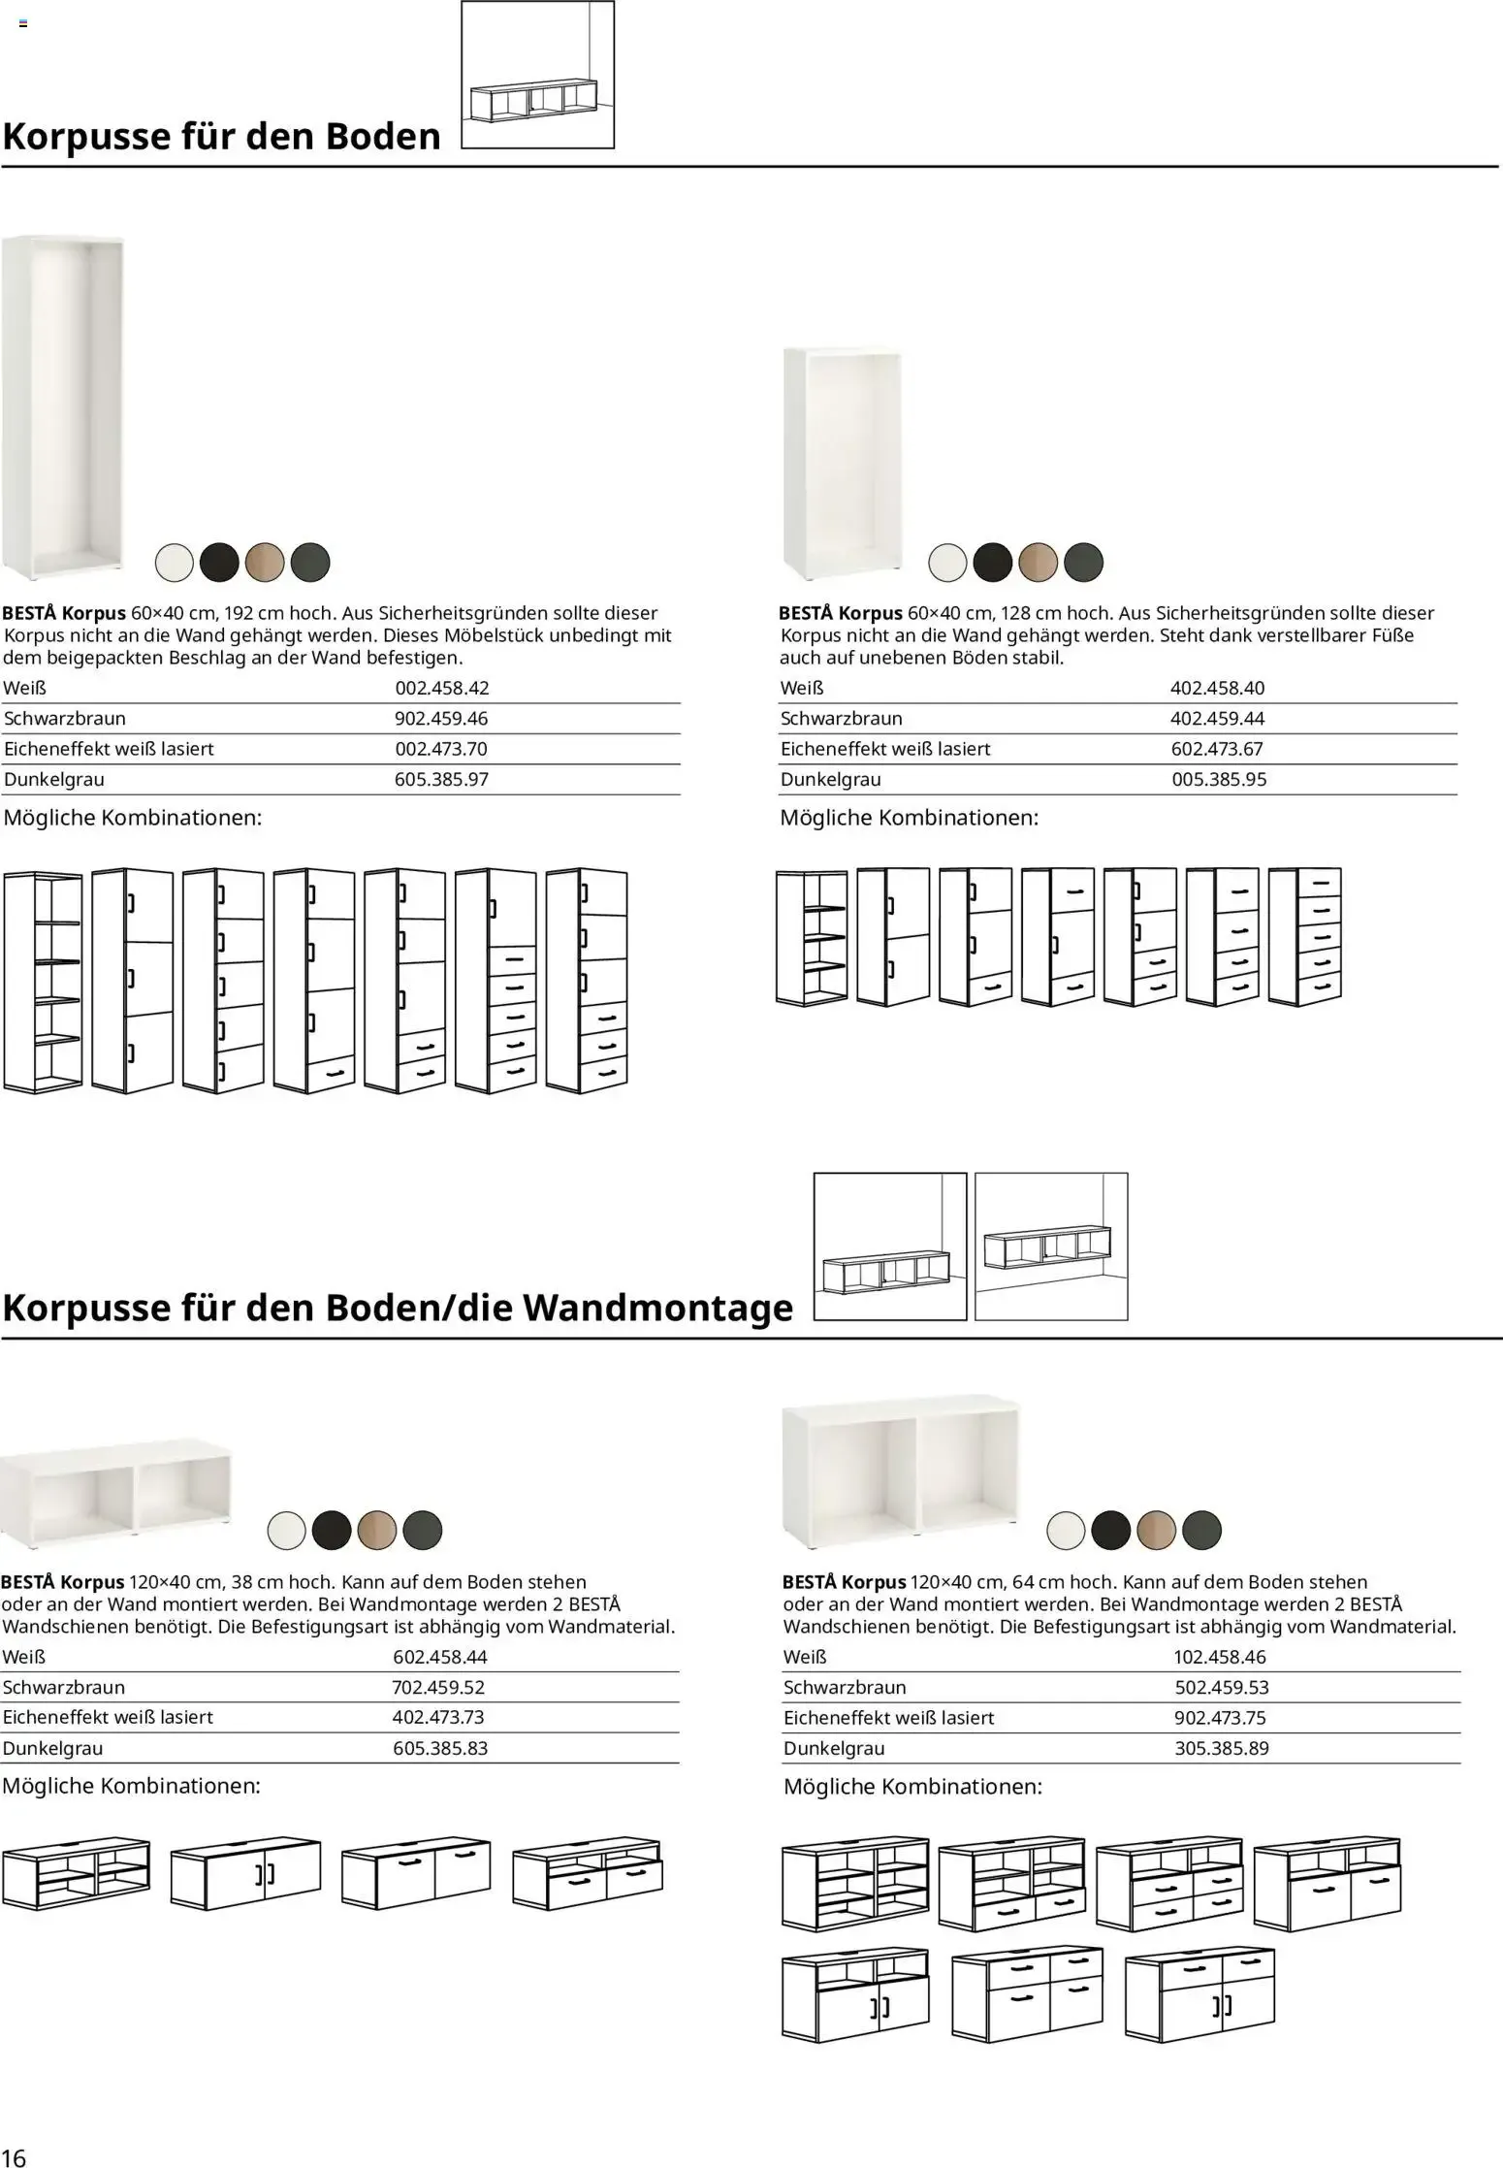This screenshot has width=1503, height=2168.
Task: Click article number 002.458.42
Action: pyautogui.click(x=441, y=688)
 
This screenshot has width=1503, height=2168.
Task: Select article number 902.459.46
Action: pyautogui.click(x=441, y=719)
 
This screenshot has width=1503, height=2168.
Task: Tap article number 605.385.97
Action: pyautogui.click(x=441, y=779)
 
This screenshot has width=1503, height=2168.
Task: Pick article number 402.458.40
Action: pyautogui.click(x=1218, y=688)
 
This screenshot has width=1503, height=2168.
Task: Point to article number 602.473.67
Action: pyautogui.click(x=1218, y=749)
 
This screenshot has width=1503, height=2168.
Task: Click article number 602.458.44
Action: pyautogui.click(x=440, y=1657)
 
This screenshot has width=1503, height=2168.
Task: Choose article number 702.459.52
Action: pyautogui.click(x=438, y=1687)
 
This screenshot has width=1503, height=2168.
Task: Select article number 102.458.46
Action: pyautogui.click(x=1220, y=1657)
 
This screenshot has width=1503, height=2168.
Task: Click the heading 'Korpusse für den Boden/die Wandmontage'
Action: pyautogui.click(x=398, y=1308)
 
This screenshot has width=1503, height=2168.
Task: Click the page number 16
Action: pyautogui.click(x=15, y=2151)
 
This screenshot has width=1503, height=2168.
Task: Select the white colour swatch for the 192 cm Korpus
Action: pyautogui.click(x=175, y=562)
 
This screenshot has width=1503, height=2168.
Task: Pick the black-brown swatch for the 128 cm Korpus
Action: pyautogui.click(x=993, y=562)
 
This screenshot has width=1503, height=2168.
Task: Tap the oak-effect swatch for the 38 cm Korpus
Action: pyautogui.click(x=377, y=1530)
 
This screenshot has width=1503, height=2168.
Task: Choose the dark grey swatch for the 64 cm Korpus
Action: pyautogui.click(x=1202, y=1530)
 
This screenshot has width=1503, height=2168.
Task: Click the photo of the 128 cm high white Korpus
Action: pyautogui.click(x=843, y=461)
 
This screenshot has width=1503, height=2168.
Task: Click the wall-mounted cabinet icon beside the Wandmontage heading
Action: pyautogui.click(x=1051, y=1246)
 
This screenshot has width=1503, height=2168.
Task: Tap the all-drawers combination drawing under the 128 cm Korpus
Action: pyautogui.click(x=1305, y=936)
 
